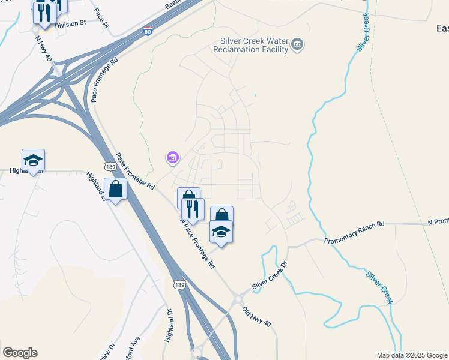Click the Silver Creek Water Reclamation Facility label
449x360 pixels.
coord(253,44)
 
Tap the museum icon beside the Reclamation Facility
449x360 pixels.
coord(297,44)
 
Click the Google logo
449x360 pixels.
coord(20,353)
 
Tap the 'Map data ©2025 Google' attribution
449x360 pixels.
coord(412,355)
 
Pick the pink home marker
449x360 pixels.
coord(172,158)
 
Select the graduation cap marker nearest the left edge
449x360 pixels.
coord(34,160)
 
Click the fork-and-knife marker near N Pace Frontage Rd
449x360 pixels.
coord(193,209)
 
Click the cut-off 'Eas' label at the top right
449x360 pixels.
coord(442,28)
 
